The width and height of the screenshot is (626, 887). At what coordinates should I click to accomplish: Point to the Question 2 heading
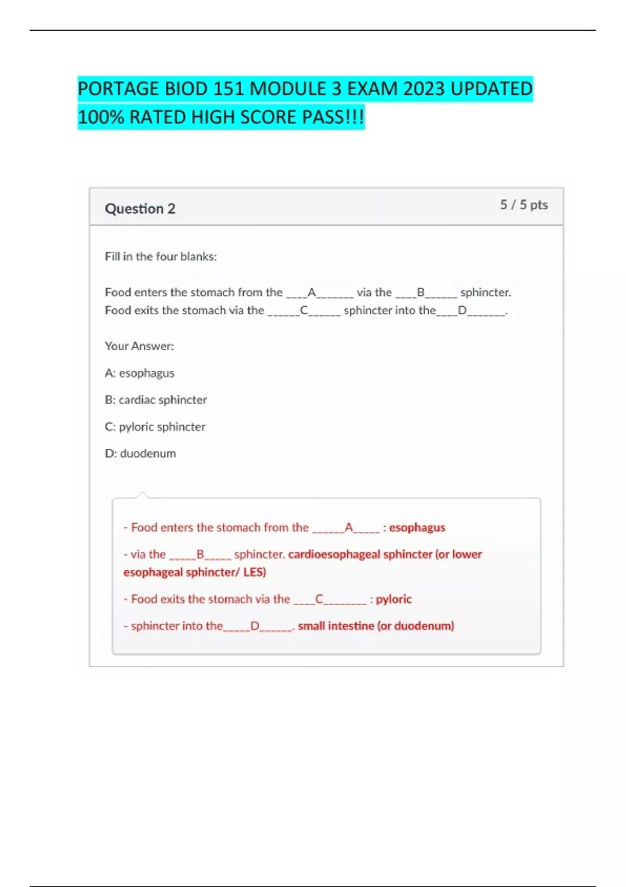[x=140, y=209]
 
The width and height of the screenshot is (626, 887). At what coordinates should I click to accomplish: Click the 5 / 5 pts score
[x=523, y=205]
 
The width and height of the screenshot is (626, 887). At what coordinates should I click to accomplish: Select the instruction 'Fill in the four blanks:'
[x=161, y=257]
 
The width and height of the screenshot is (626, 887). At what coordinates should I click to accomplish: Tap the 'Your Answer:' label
[x=139, y=346]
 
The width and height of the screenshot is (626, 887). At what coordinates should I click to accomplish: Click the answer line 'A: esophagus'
[x=139, y=373]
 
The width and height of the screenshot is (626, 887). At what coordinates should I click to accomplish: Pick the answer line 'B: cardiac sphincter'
[x=155, y=400]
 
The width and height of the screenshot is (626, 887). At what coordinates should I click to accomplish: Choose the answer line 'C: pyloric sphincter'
[x=155, y=427]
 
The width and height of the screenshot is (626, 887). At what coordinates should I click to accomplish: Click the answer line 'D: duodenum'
[x=140, y=453]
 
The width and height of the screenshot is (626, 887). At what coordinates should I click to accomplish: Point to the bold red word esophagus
[x=417, y=528]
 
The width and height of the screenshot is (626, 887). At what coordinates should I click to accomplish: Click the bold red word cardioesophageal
[x=334, y=554]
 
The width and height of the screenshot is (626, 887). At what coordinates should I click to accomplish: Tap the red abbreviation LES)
[x=255, y=572]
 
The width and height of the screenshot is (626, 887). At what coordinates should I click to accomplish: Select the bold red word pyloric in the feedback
[x=393, y=599]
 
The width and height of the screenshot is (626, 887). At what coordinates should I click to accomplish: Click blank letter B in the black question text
[x=420, y=292]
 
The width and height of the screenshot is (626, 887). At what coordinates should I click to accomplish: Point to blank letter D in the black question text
[x=462, y=310]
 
